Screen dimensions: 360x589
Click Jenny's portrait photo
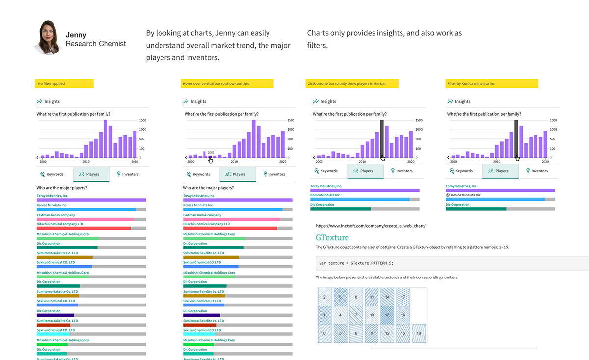[x=48, y=37]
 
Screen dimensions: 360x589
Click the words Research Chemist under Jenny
[x=96, y=44]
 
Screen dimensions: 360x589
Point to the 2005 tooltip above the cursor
[x=211, y=152]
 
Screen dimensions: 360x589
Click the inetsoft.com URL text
[x=371, y=226]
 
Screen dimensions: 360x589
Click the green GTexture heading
[x=332, y=238]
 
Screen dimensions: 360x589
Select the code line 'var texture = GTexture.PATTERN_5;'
[x=356, y=263]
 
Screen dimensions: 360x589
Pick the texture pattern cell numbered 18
[x=419, y=333]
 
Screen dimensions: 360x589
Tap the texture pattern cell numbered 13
[x=387, y=315]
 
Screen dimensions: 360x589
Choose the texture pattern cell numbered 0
[x=324, y=333]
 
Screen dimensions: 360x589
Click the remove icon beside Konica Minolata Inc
[x=448, y=195]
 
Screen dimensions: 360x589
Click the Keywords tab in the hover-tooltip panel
[x=199, y=174]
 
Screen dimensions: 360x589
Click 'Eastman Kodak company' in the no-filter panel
[x=55, y=215]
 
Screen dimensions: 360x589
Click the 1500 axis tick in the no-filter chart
[x=143, y=120]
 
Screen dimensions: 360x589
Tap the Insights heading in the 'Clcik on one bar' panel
[x=328, y=101]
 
